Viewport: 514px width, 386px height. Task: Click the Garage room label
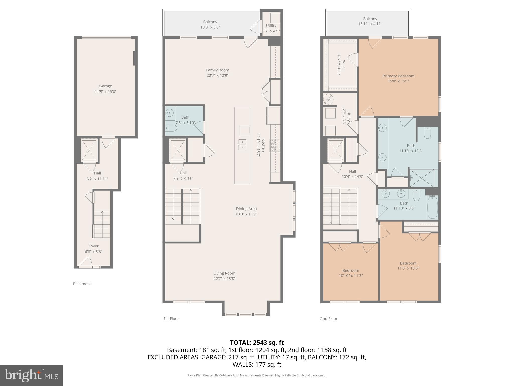point(105,86)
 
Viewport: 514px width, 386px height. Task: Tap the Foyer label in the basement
point(93,246)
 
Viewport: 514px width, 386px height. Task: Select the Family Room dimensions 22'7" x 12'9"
point(217,75)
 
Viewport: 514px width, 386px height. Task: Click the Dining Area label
point(246,209)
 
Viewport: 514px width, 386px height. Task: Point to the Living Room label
point(224,273)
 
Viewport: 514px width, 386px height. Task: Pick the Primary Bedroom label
point(398,76)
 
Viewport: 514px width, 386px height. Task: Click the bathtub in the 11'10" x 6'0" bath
point(432,207)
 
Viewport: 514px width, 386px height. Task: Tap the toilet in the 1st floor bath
point(171,128)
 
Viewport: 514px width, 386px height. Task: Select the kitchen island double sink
point(242,145)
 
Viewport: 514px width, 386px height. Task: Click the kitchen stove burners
point(275,146)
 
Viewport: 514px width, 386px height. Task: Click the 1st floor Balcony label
point(210,22)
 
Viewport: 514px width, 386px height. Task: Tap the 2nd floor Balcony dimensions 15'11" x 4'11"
point(370,24)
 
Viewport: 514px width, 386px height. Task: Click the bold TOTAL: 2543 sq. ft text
point(257,342)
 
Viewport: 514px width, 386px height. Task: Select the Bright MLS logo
point(31,375)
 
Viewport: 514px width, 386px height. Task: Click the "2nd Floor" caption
point(329,319)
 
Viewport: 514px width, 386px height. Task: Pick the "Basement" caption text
point(82,284)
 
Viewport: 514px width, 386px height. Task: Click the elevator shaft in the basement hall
point(89,150)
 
